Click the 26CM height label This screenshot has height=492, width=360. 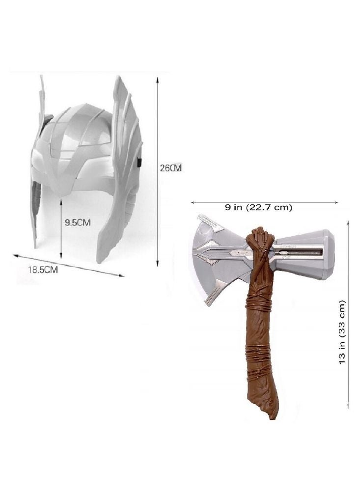tap(171, 168)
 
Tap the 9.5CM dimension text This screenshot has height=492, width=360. tap(78, 223)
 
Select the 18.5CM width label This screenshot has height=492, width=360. tap(43, 270)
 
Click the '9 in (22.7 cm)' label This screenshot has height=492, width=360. tap(259, 207)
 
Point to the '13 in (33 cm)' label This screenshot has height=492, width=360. tap(342, 332)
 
